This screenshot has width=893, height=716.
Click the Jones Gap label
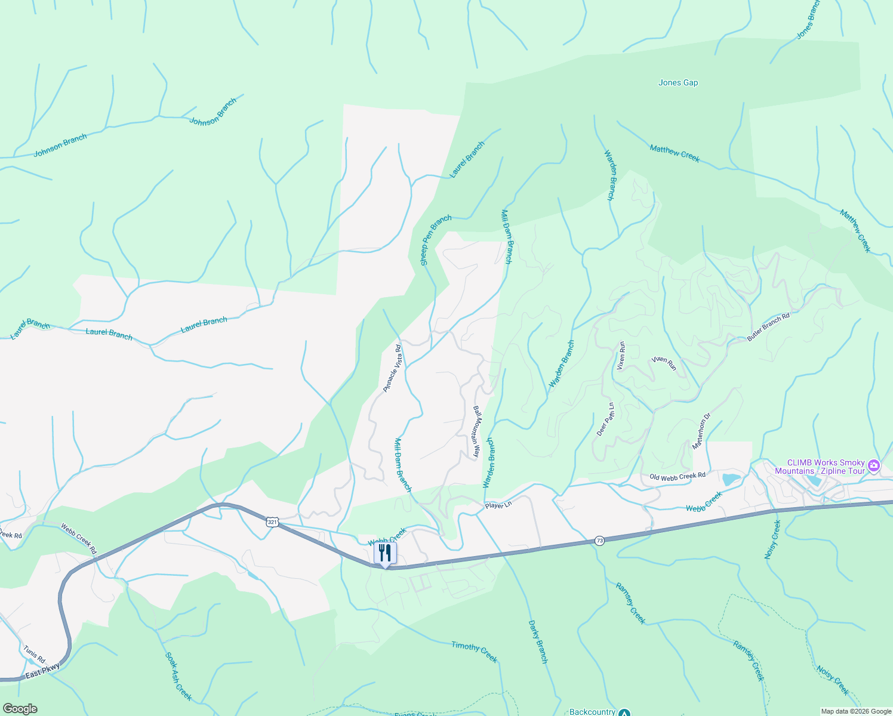pyautogui.click(x=678, y=82)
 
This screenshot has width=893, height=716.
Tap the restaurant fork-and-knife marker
pyautogui.click(x=385, y=553)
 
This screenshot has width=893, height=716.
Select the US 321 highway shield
pyautogui.click(x=272, y=522)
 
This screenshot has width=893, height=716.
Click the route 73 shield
pyautogui.click(x=599, y=541)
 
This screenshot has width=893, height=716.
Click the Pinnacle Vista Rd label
pyautogui.click(x=392, y=368)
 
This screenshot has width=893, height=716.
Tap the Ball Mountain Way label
pyautogui.click(x=476, y=431)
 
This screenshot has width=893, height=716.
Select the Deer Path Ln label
pyautogui.click(x=605, y=419)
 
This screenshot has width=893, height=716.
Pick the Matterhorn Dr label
pyautogui.click(x=701, y=431)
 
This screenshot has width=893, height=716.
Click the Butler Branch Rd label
pyautogui.click(x=768, y=327)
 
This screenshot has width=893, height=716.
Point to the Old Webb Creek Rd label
pyautogui.click(x=678, y=476)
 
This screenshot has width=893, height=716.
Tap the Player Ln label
pyautogui.click(x=498, y=505)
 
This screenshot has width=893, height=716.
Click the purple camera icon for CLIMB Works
pyautogui.click(x=874, y=465)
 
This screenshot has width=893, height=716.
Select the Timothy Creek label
pyautogui.click(x=474, y=651)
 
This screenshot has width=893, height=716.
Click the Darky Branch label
pyautogui.click(x=538, y=642)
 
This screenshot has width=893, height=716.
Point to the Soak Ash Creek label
pyautogui.click(x=178, y=676)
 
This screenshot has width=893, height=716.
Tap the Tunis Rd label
pyautogui.click(x=34, y=654)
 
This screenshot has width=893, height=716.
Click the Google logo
pyautogui.click(x=20, y=709)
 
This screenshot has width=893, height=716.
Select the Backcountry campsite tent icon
pyautogui.click(x=624, y=712)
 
